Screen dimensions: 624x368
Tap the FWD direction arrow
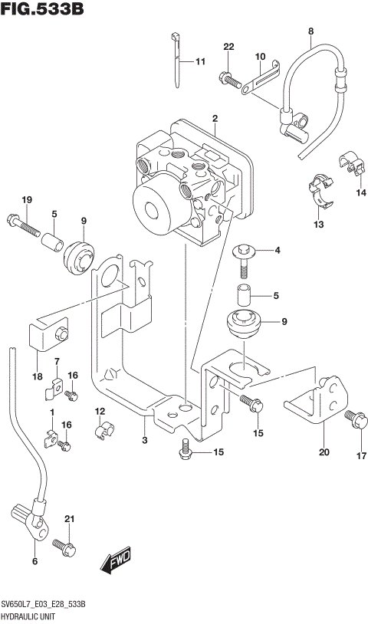(x=116, y=560)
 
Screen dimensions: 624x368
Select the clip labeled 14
(x=350, y=164)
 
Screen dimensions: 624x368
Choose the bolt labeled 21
(x=64, y=547)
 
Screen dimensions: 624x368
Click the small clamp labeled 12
(x=101, y=433)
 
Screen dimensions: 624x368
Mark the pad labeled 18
(x=48, y=334)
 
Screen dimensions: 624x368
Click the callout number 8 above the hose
(x=310, y=31)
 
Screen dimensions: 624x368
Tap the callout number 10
(x=260, y=57)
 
